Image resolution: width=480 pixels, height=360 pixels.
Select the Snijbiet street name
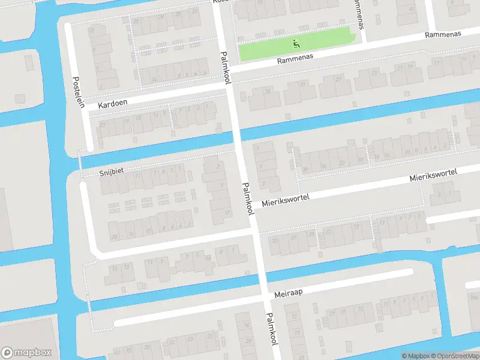coord(111,172)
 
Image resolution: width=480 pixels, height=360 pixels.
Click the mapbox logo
coord(26,353)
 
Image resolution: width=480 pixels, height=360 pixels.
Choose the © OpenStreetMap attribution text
coord(457,356)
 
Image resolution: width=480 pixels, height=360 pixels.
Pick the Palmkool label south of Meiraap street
coord(271,329)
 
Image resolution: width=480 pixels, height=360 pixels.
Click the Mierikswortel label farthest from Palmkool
coord(433,175)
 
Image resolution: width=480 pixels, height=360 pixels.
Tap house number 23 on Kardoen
coord(103,125)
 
